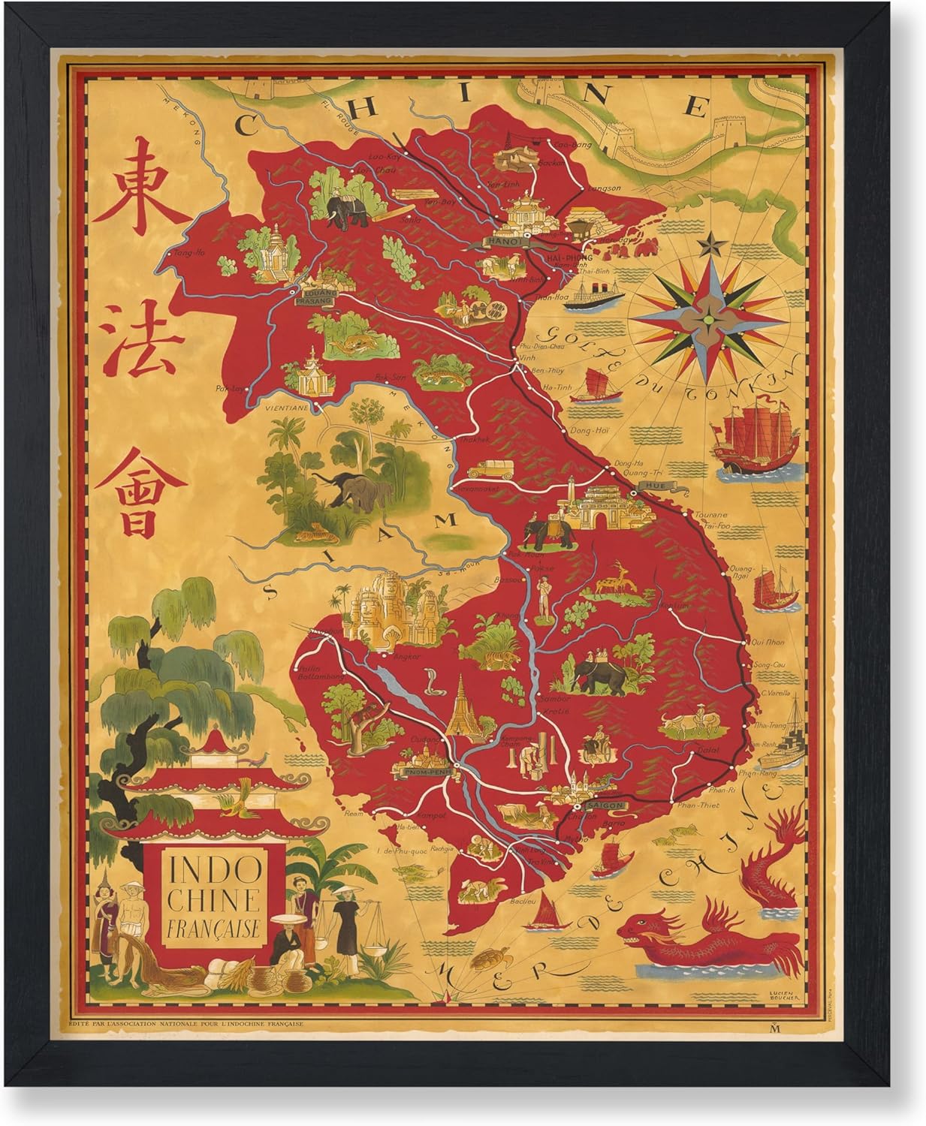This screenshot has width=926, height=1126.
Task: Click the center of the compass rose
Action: click(708, 319)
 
